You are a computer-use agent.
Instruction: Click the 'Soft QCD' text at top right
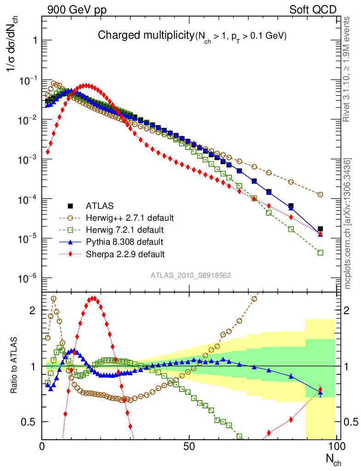313,10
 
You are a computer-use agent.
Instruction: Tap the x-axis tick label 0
42,446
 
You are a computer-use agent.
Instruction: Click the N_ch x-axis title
333,458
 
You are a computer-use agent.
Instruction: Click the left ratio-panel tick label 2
33,310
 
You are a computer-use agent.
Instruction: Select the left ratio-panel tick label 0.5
28,422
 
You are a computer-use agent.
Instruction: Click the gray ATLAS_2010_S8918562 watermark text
191,276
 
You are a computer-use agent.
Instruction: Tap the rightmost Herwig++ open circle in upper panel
320,195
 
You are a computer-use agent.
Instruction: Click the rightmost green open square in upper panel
320,253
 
